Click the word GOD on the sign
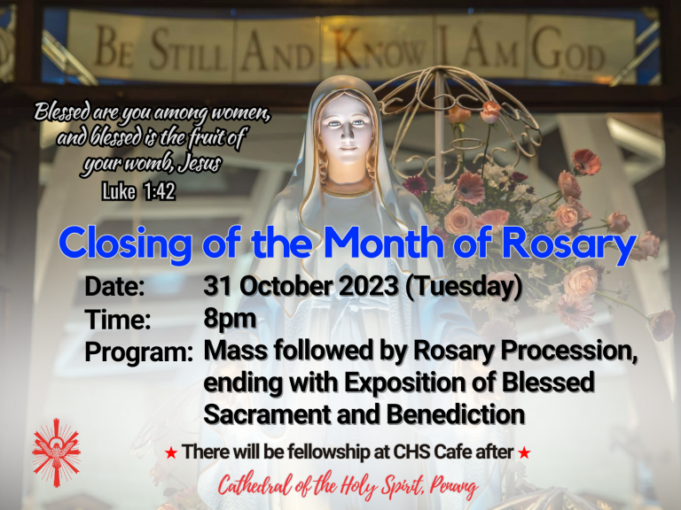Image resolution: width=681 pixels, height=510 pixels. point(568,49)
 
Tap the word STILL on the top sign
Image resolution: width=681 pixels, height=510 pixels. point(188,50)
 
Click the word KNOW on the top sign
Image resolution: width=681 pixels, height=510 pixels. point(380,49)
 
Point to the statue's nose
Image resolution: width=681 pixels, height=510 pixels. point(348,134)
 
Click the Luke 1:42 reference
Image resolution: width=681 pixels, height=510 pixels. point(138,191)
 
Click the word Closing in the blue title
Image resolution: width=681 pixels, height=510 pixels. point(125,243)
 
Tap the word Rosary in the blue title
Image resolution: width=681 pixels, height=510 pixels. point(569,243)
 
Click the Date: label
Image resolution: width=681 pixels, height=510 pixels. point(114,287)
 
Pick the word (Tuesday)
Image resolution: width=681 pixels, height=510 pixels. point(464,287)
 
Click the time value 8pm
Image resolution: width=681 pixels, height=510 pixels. point(230,320)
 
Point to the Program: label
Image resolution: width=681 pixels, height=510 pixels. point(139,352)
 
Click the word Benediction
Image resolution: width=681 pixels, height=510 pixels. point(456,414)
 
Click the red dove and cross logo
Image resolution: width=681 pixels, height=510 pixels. point(57,452)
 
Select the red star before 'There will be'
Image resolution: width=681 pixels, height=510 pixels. point(171,453)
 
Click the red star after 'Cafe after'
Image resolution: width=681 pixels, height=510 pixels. point(524,453)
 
